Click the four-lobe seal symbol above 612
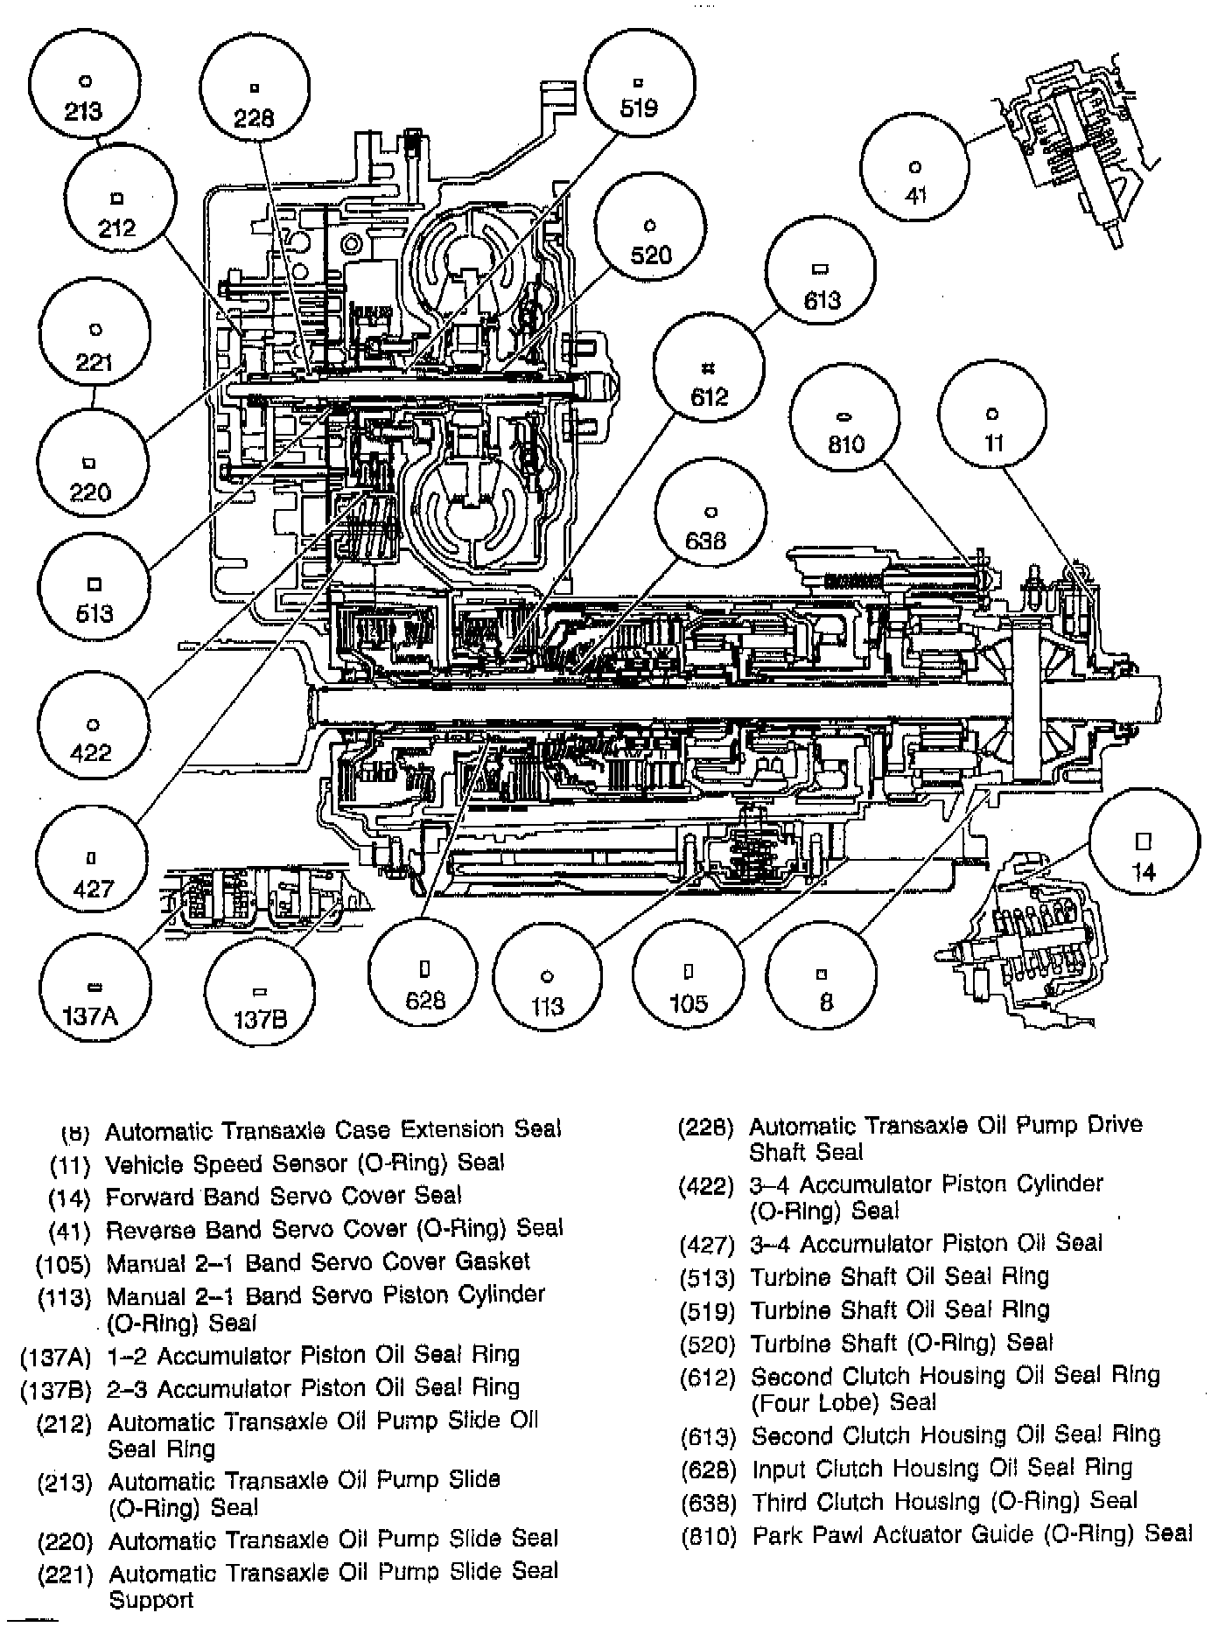[x=710, y=367]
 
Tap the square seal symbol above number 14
[x=1144, y=840]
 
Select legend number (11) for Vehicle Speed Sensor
[x=71, y=1164]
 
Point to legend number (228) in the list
[x=707, y=1128]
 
